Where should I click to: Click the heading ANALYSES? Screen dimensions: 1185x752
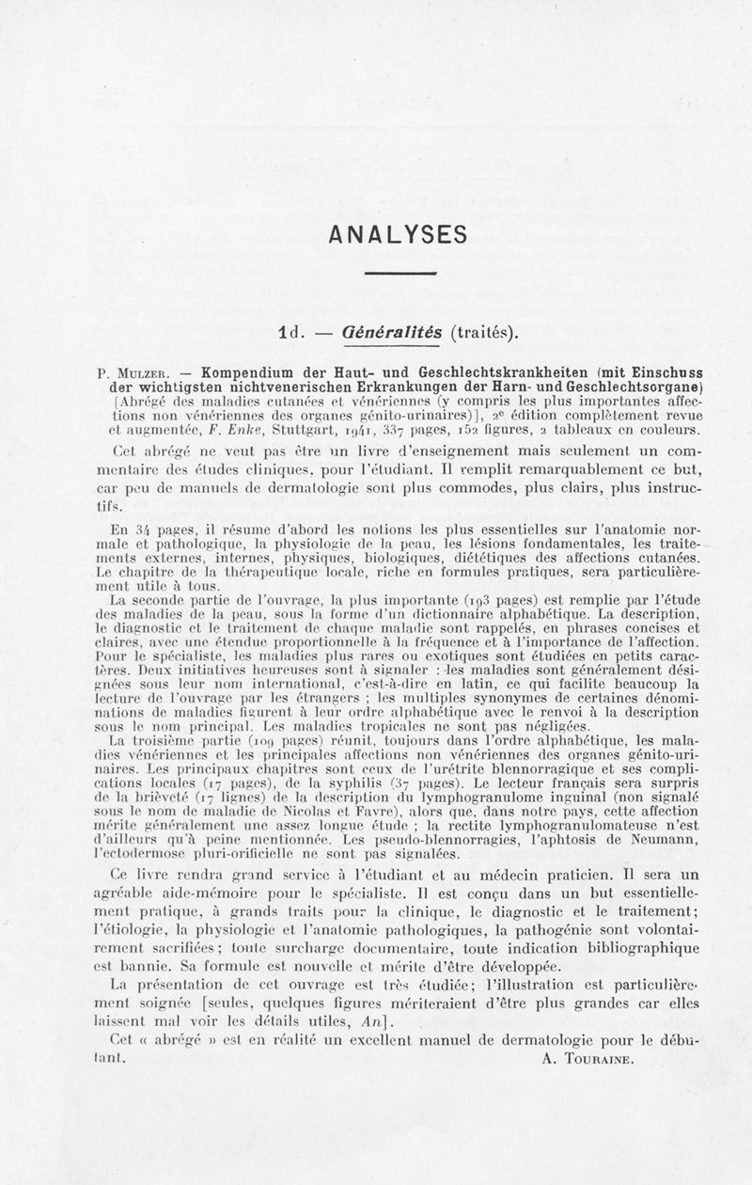click(399, 233)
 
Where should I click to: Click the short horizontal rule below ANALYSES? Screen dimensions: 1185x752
click(400, 274)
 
